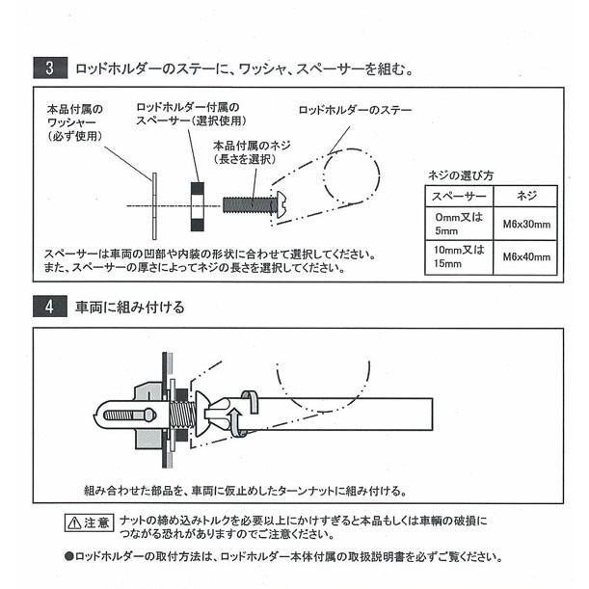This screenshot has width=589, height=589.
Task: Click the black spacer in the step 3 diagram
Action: (198, 204)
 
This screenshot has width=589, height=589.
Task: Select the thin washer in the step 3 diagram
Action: (153, 204)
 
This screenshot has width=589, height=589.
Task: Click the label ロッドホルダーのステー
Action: (356, 110)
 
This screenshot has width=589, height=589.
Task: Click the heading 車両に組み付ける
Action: (129, 308)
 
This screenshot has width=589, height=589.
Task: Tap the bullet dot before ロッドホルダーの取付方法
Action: (68, 556)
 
